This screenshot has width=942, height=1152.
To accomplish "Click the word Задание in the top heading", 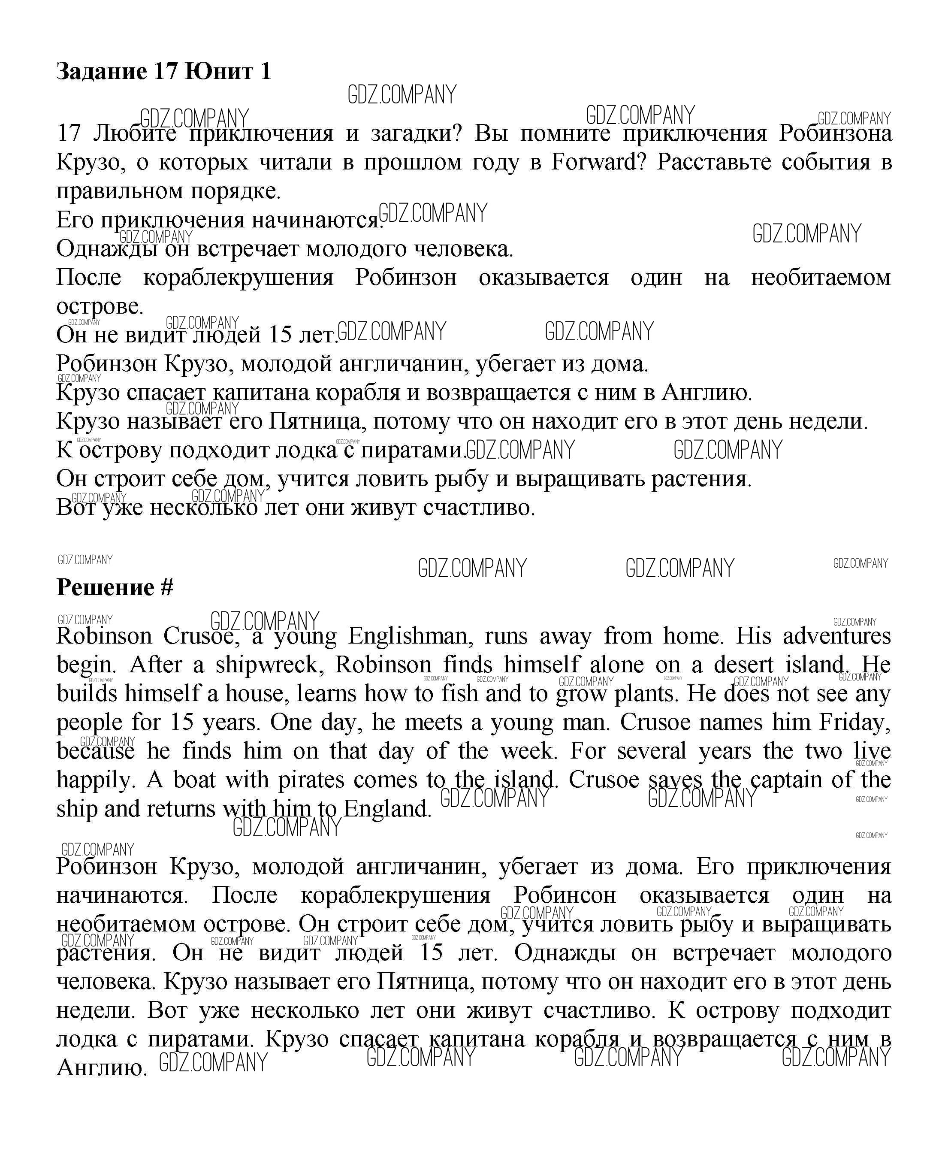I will coord(102,72).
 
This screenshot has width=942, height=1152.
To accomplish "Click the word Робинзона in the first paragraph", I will coord(835,133).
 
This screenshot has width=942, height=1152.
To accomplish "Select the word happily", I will coord(95,780).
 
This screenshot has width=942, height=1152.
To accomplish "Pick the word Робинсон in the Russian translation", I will coord(565,896).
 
